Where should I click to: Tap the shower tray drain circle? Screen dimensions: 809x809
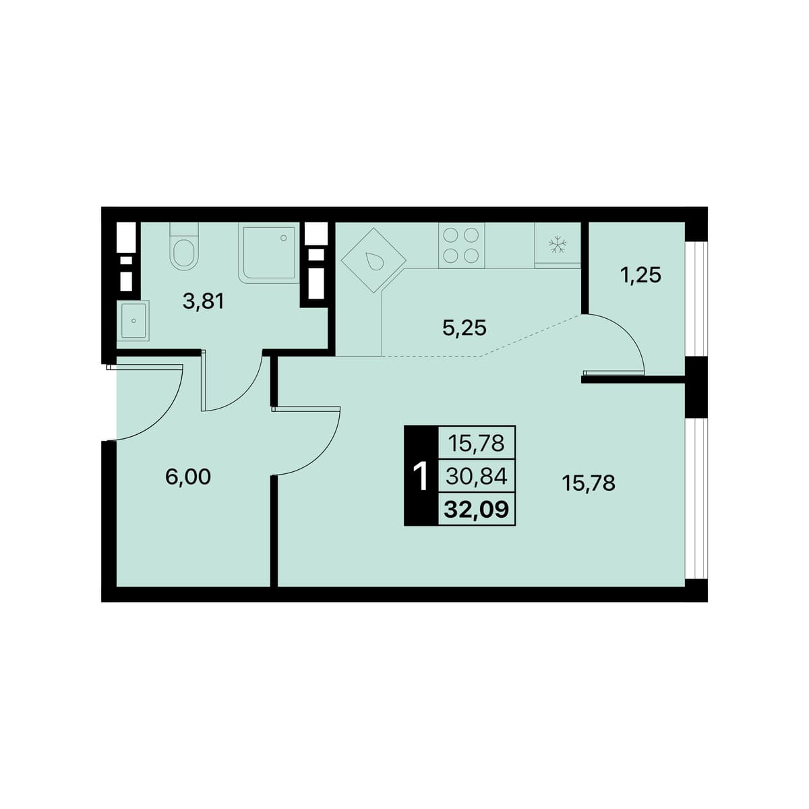tap(283, 238)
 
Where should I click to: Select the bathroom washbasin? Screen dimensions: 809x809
tap(133, 320)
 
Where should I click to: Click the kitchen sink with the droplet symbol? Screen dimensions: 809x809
tap(373, 260)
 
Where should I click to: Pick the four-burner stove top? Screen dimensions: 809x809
tap(461, 245)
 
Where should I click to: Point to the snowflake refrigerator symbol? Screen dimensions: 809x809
tap(558, 244)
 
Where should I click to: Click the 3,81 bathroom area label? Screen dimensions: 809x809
tap(203, 302)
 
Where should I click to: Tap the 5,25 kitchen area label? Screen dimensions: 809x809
tap(464, 328)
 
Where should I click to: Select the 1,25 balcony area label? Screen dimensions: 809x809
tap(640, 276)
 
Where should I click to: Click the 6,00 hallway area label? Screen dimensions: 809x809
tap(188, 477)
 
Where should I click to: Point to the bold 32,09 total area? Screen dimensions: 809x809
tap(476, 510)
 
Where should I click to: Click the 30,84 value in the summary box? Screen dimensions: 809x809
tap(477, 477)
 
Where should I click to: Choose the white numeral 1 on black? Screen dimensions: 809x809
tap(420, 477)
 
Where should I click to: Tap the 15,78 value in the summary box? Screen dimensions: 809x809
tap(477, 444)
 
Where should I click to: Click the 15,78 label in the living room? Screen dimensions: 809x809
tap(588, 483)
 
